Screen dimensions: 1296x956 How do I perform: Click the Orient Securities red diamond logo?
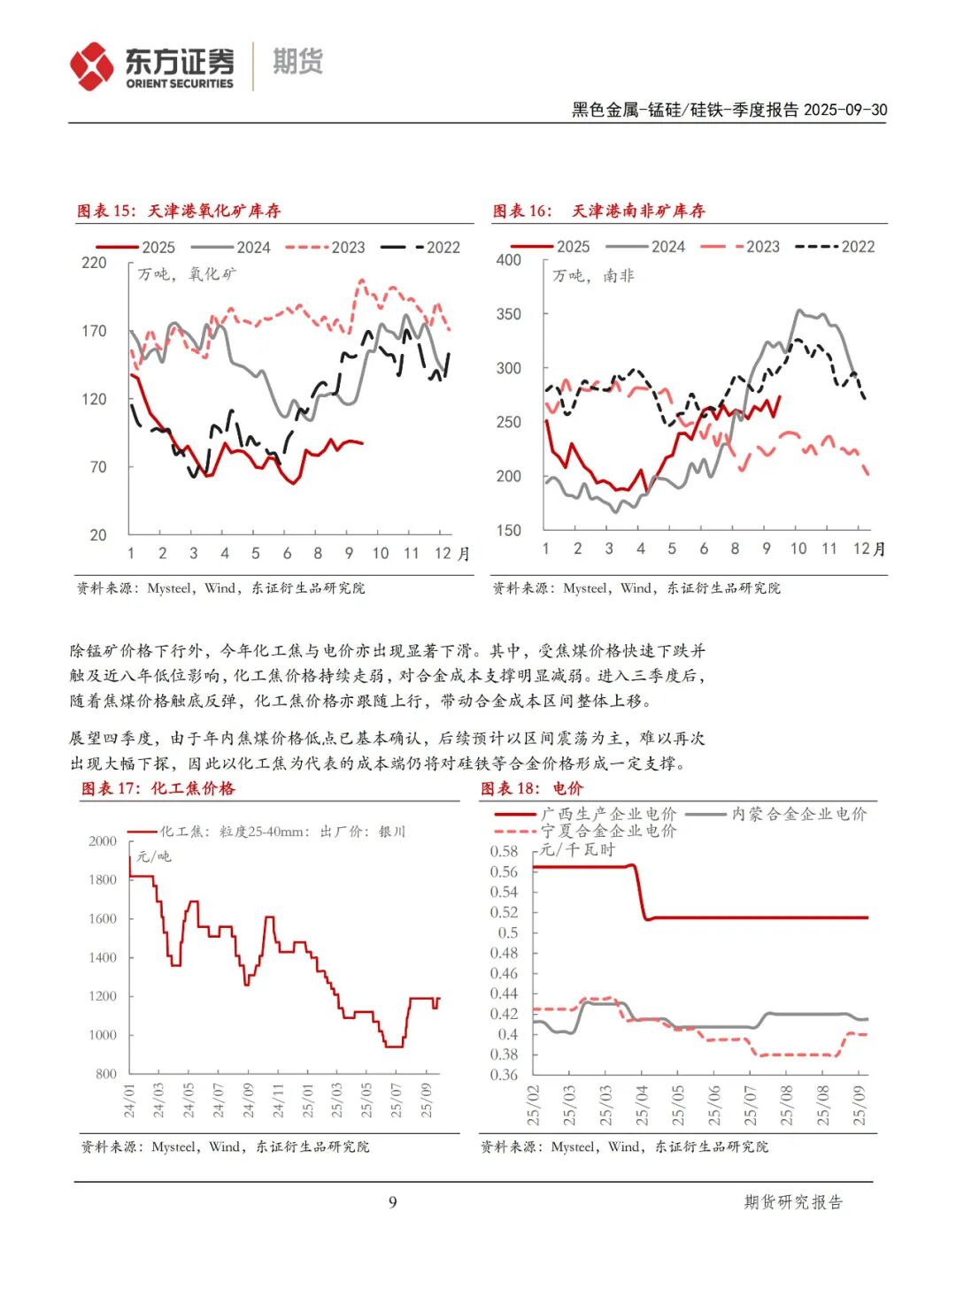click(92, 66)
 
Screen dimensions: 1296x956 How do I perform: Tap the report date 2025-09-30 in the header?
click(845, 110)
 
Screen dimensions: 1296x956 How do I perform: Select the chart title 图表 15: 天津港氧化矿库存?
click(179, 211)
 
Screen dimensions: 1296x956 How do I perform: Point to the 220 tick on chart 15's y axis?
click(94, 263)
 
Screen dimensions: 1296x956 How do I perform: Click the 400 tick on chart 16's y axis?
click(508, 260)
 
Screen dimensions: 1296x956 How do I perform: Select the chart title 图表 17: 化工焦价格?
click(158, 788)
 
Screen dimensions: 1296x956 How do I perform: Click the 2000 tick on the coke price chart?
click(103, 841)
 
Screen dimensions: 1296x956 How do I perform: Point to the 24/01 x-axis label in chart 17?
click(129, 1100)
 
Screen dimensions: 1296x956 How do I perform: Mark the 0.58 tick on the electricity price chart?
click(504, 851)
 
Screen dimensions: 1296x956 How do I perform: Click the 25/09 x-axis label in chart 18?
click(859, 1105)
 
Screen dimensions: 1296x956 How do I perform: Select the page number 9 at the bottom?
click(392, 1201)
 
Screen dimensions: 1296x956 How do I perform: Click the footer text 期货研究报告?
click(793, 1201)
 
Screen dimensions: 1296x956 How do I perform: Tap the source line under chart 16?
click(636, 587)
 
